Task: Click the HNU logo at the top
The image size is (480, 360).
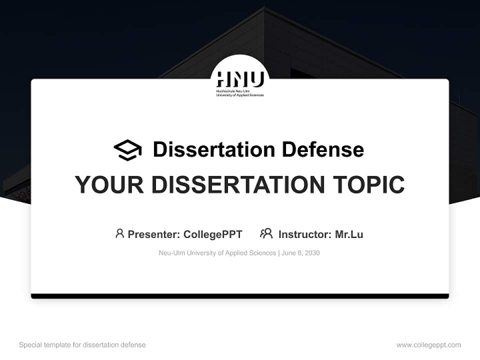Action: (240, 80)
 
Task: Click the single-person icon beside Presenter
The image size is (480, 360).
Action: (119, 233)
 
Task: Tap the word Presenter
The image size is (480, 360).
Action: (153, 234)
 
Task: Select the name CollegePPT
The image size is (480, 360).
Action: (213, 234)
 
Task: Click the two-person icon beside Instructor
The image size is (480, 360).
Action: (266, 233)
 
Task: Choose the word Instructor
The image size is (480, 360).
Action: (304, 234)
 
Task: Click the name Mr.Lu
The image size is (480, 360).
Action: (349, 234)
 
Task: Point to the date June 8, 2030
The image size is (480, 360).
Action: (300, 253)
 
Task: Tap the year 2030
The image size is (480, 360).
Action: (312, 253)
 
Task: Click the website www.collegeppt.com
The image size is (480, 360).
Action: (428, 345)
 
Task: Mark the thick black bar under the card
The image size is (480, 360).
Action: (240, 296)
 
